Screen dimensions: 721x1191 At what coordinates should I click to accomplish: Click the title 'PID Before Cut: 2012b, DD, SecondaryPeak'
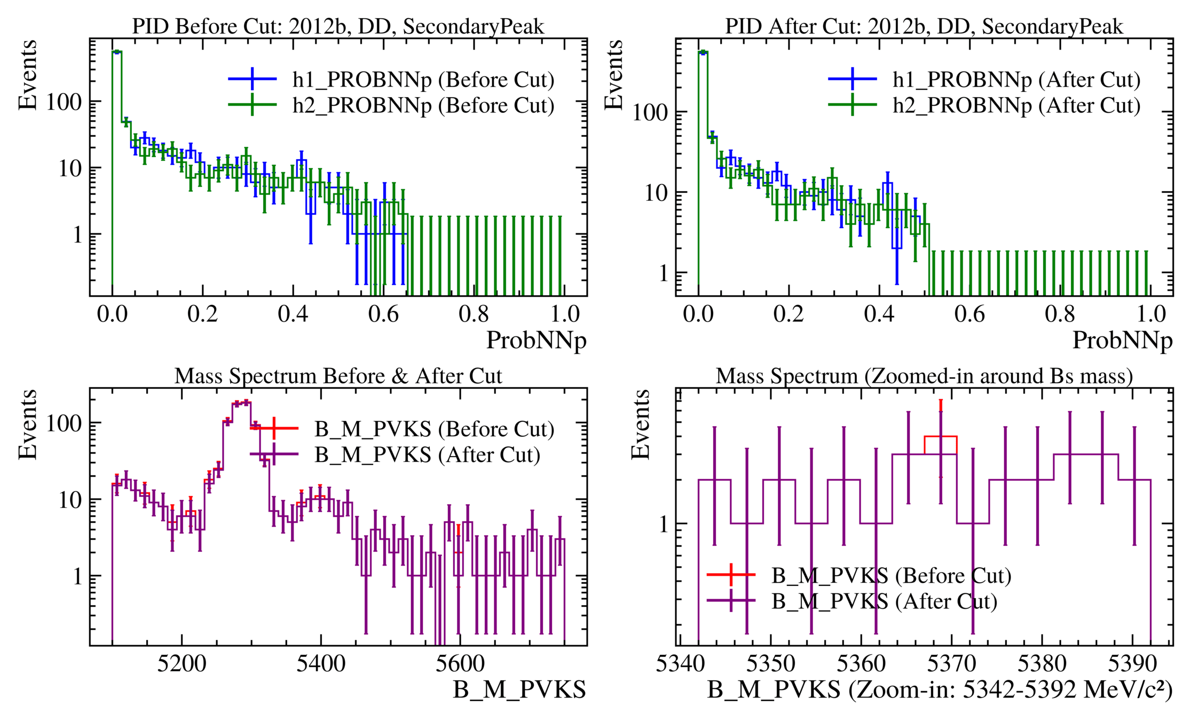pyautogui.click(x=338, y=26)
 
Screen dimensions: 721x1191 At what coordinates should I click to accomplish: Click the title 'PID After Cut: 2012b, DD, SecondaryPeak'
pyautogui.click(x=924, y=26)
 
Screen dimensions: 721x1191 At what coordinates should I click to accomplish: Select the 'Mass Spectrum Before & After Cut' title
pyautogui.click(x=338, y=376)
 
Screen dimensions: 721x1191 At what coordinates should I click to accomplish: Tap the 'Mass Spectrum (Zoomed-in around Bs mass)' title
pyautogui.click(x=924, y=376)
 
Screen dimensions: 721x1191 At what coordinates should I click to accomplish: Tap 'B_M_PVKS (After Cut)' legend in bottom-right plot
pyautogui.click(x=884, y=601)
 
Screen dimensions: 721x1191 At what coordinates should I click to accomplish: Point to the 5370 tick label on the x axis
pyautogui.click(x=951, y=664)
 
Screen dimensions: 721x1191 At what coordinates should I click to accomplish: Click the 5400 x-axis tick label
pyautogui.click(x=321, y=664)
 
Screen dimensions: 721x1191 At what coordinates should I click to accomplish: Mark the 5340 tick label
pyautogui.click(x=680, y=664)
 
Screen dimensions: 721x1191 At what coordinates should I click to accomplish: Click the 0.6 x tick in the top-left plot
pyautogui.click(x=383, y=314)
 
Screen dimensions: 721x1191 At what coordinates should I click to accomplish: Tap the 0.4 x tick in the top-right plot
pyautogui.click(x=879, y=314)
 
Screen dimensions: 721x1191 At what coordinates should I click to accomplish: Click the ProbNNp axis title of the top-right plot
pyautogui.click(x=1122, y=340)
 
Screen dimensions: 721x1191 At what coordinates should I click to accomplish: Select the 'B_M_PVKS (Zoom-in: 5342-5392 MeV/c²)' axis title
pyautogui.click(x=940, y=690)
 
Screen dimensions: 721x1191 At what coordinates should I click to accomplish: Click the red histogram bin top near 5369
pyautogui.click(x=941, y=436)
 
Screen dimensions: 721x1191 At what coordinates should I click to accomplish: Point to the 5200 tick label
pyautogui.click(x=182, y=664)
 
